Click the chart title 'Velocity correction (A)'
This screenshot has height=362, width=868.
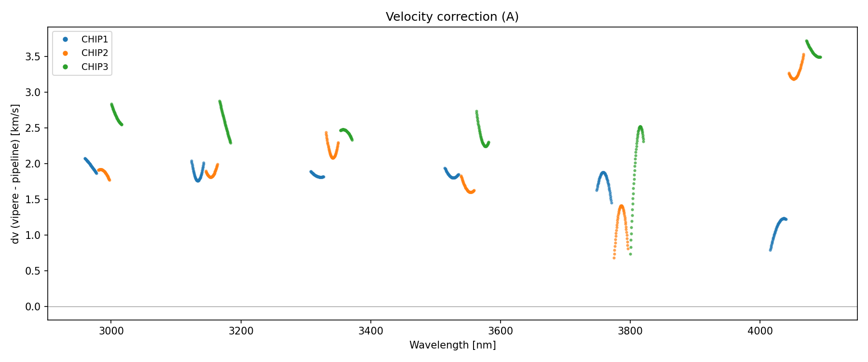coord(452,17)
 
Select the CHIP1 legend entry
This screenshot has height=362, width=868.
coord(95,40)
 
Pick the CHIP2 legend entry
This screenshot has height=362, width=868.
coord(95,53)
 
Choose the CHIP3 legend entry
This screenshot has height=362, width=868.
coord(95,67)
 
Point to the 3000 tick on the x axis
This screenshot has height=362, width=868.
coord(111,331)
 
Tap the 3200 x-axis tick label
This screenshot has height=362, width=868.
coord(241,331)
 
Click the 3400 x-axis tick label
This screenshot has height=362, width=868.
coord(370,331)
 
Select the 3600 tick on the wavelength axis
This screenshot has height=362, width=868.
coord(500,331)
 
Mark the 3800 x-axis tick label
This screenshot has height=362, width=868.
coord(630,331)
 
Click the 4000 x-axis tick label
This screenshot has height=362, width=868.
coord(760,331)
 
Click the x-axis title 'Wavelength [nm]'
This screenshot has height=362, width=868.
coord(452,345)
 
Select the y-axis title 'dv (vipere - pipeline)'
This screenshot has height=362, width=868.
coord(15,174)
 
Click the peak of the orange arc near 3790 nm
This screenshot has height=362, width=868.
coord(621,206)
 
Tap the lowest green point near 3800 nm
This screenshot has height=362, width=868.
coord(630,254)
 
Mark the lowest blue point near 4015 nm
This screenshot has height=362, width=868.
coord(770,250)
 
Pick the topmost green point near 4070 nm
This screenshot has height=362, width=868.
coord(806,41)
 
